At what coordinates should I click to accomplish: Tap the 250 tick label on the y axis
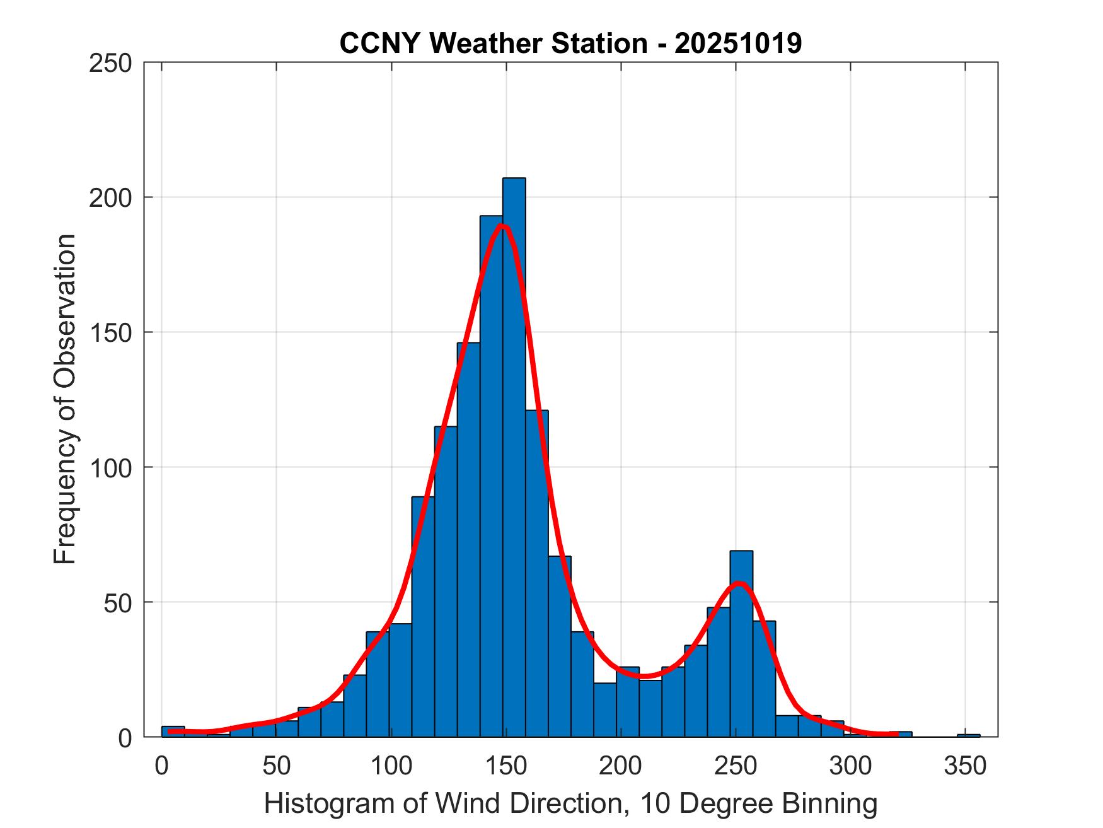[x=110, y=63]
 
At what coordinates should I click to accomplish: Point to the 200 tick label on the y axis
[x=110, y=198]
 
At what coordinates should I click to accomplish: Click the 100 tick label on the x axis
[x=391, y=766]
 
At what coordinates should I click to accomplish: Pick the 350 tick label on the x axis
[x=965, y=766]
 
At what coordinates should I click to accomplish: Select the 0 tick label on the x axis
[x=162, y=766]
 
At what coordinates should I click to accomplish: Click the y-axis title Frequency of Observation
[x=65, y=400]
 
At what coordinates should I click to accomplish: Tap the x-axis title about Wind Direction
[x=570, y=804]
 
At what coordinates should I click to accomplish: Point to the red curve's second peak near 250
[x=741, y=583]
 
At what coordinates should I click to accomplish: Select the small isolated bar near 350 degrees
[x=968, y=735]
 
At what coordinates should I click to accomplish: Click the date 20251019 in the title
[x=738, y=44]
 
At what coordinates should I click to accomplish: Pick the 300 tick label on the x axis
[x=850, y=766]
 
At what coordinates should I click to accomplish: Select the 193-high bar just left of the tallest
[x=491, y=479]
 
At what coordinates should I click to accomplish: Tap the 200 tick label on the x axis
[x=621, y=766]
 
